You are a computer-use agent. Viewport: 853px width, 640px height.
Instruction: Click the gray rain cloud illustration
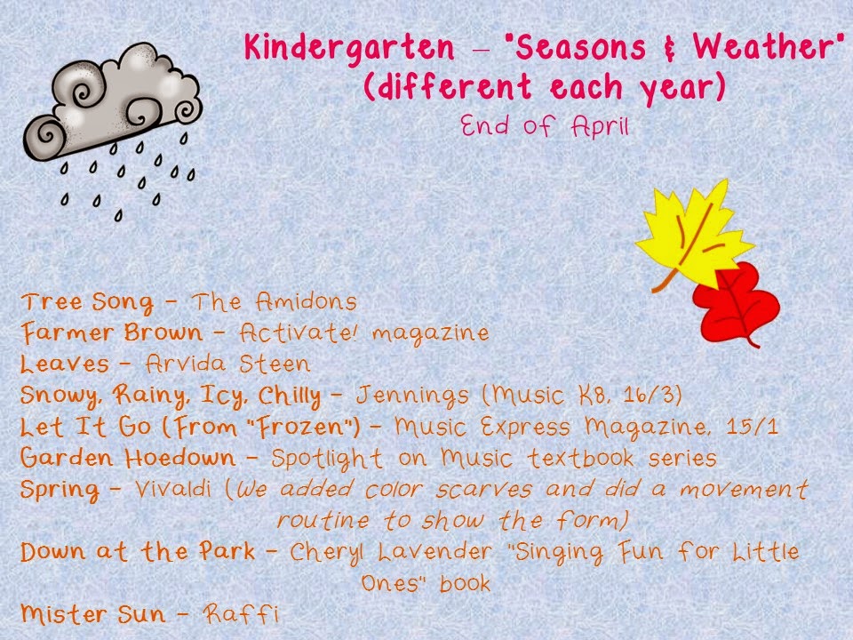point(112,103)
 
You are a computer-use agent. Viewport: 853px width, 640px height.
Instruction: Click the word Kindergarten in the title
point(349,49)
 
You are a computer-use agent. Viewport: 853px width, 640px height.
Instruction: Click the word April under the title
point(600,127)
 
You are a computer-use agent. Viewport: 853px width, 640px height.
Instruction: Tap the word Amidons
point(307,301)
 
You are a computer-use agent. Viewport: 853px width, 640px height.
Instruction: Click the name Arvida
point(186,364)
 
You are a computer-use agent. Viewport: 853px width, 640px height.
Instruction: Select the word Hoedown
point(180,458)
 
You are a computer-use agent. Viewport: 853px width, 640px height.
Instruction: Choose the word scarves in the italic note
point(483,489)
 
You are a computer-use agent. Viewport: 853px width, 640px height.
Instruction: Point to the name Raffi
point(241,614)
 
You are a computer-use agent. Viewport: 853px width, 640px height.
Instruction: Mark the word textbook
point(580,458)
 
